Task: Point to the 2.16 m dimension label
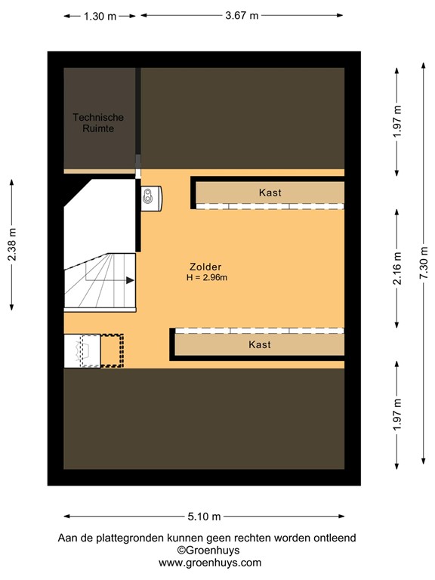(397, 268)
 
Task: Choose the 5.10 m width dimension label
(204, 517)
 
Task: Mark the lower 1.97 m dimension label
(397, 414)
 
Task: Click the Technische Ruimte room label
(98, 123)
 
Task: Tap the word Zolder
(205, 267)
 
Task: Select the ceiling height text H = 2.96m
(207, 278)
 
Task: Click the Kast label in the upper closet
(270, 193)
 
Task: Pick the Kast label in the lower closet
(259, 344)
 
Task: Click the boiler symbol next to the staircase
(150, 196)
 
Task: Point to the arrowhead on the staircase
(130, 280)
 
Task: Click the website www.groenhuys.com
(210, 563)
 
